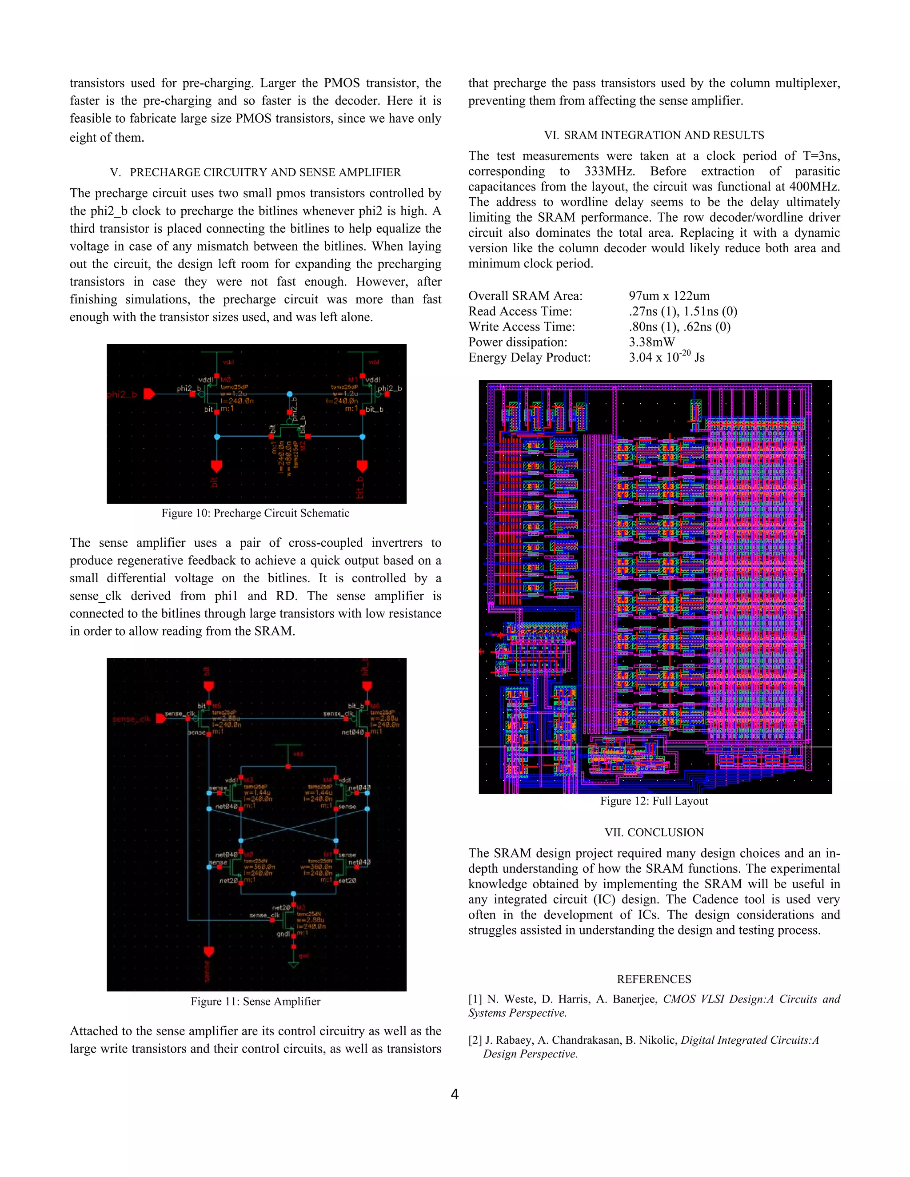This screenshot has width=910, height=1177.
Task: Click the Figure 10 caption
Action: tap(255, 513)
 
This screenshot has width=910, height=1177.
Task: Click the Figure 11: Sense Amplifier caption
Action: tap(255, 1001)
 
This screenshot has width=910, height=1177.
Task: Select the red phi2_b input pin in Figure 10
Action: tap(149, 394)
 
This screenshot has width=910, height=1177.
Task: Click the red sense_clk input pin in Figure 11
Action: tap(160, 718)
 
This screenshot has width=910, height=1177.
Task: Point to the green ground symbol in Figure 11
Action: tap(293, 964)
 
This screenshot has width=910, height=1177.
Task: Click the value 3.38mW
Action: tap(651, 342)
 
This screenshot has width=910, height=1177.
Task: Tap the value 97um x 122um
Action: tap(668, 296)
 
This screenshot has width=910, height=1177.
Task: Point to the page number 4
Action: tap(455, 1094)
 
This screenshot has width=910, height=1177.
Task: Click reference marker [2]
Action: tap(475, 1040)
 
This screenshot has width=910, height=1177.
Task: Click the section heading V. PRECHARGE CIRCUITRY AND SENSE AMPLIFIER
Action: tap(255, 172)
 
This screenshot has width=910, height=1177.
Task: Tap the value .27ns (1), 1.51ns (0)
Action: tap(682, 311)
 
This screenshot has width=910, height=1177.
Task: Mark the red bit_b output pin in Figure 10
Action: tap(362, 465)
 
